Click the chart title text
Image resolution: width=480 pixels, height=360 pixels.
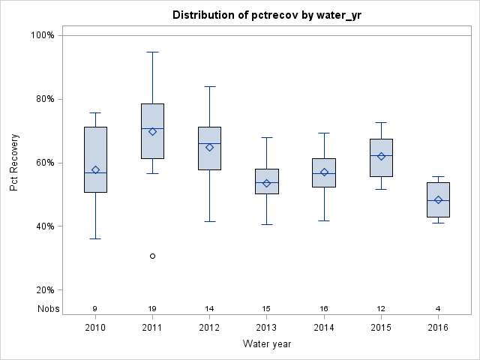[267, 15]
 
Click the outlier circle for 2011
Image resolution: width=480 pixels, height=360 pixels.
[152, 256]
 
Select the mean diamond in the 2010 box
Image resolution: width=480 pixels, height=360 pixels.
[95, 169]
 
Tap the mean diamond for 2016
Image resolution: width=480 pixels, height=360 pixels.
[438, 200]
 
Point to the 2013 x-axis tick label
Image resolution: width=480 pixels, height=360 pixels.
[266, 328]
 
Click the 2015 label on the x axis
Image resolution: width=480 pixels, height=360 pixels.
[381, 328]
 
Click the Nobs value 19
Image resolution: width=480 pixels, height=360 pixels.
[152, 308]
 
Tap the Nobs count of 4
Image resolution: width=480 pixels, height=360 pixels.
[438, 308]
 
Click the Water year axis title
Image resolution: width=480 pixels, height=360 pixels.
[267, 343]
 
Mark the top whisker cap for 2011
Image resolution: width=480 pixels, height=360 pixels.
[152, 52]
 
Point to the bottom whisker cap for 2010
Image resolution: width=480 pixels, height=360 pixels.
[95, 238]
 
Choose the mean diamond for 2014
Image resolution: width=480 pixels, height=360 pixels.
[324, 172]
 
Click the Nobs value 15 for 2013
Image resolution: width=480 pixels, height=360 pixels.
[266, 308]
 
